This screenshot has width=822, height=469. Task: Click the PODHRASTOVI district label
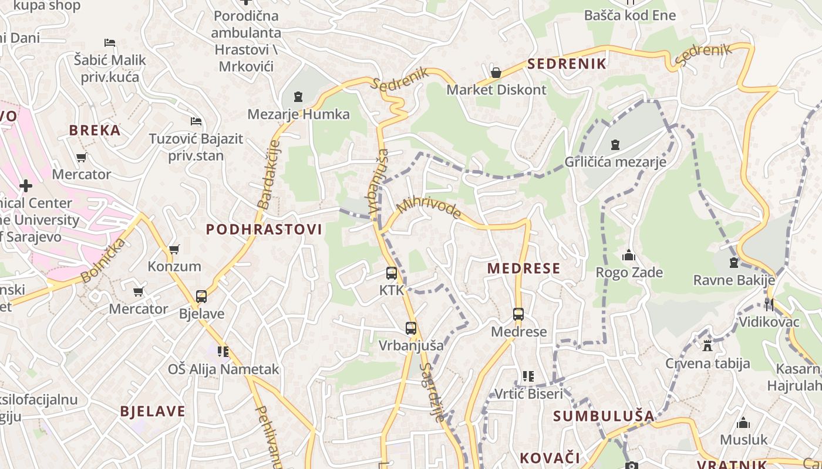coord(264,229)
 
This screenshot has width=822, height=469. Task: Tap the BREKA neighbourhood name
coord(95,130)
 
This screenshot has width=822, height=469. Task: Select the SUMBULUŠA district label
coord(604,416)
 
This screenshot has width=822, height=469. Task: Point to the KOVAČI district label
coord(550,457)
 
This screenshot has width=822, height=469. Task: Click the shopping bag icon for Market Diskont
coord(496,73)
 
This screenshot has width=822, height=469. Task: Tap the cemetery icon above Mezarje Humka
coord(298,97)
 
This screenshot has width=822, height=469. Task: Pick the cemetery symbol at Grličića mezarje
coord(615,144)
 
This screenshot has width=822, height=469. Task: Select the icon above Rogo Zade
coord(629,255)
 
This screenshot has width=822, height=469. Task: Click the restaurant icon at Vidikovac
coord(769,304)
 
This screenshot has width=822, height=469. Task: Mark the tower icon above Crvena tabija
coord(707,346)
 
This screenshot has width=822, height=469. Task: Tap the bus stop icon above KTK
coord(391,273)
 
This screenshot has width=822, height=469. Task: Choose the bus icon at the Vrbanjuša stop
coord(410,328)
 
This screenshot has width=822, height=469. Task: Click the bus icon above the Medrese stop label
coord(518,314)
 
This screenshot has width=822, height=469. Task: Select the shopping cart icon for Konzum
coord(174,249)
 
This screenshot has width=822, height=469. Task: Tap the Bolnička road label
coord(103,260)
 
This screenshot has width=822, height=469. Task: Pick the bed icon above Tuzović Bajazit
coord(196,121)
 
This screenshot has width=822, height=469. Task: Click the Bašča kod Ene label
coord(630,15)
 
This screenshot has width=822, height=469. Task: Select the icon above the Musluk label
coord(743,423)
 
